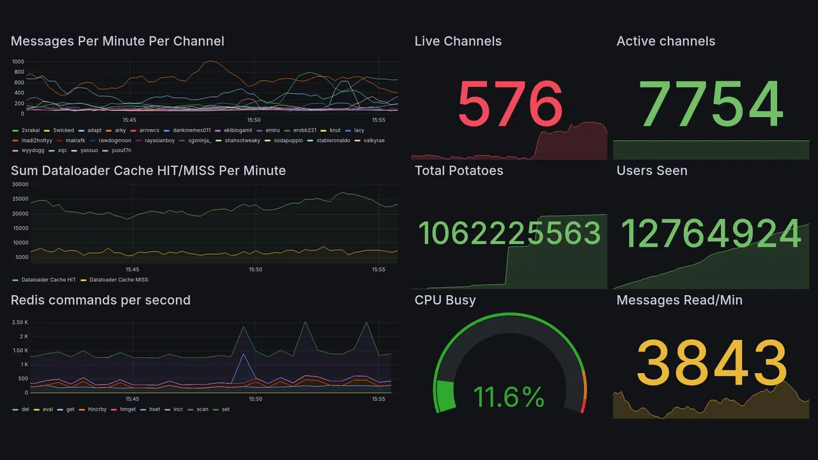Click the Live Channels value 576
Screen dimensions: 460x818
click(x=510, y=104)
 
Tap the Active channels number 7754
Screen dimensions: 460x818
click(x=711, y=104)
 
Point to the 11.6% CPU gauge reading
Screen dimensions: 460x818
click(x=509, y=397)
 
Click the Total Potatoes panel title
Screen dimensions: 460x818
click(x=459, y=171)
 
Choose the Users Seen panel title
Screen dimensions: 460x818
click(x=652, y=171)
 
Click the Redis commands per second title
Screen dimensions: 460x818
click(x=100, y=300)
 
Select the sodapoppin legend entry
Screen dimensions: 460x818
click(x=288, y=141)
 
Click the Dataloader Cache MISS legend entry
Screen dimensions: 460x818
click(x=118, y=280)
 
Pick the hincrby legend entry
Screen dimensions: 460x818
click(x=96, y=409)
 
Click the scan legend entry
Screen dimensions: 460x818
click(x=202, y=409)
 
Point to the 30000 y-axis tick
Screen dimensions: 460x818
click(x=20, y=185)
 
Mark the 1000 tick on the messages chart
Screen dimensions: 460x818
click(x=18, y=62)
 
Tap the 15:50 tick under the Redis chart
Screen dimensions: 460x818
click(x=255, y=399)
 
